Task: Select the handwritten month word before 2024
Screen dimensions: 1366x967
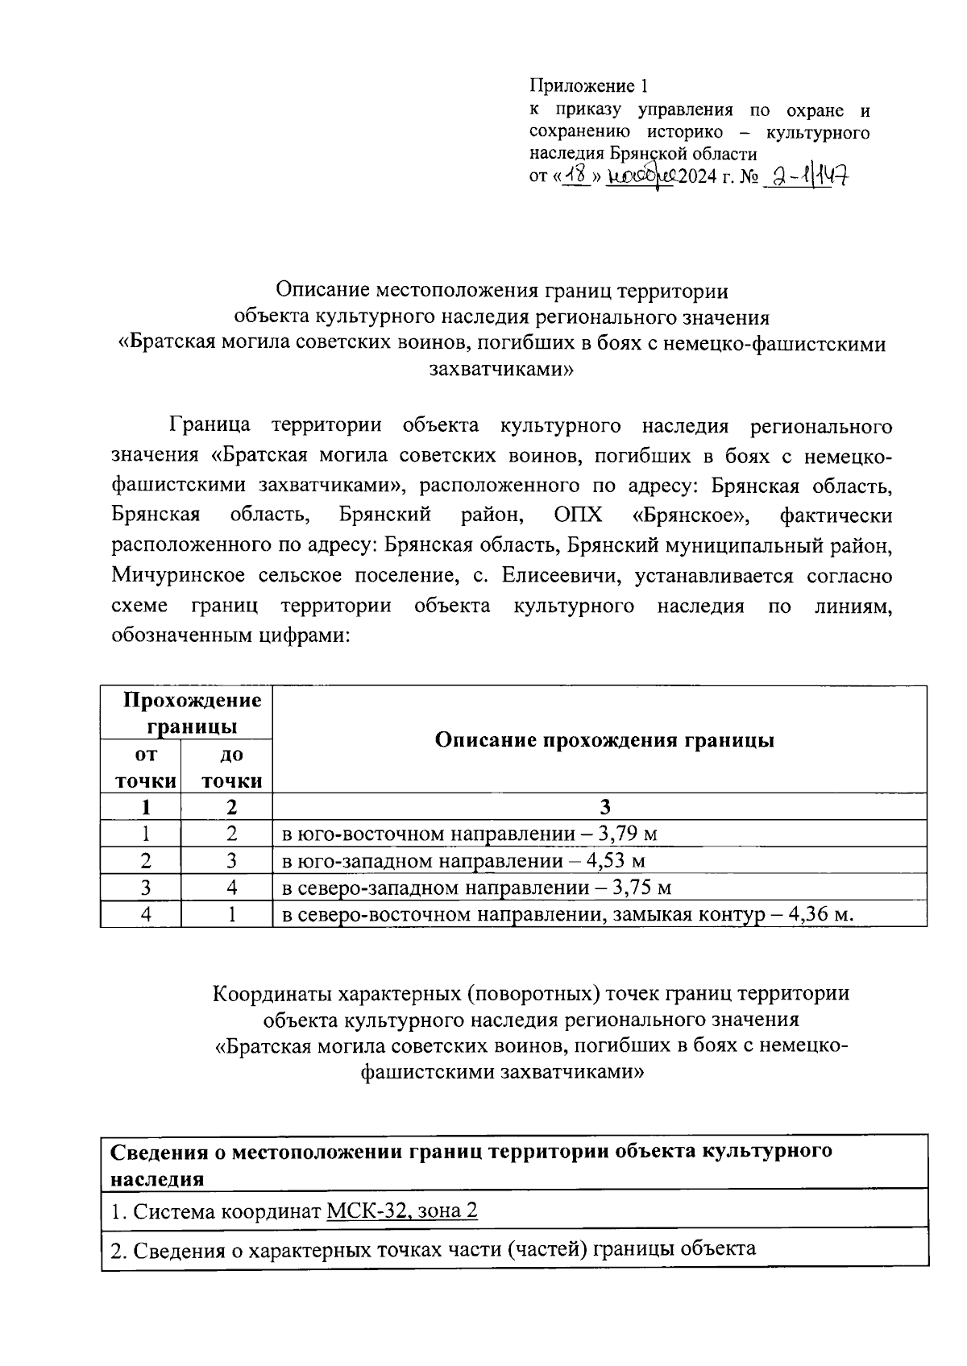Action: (641, 176)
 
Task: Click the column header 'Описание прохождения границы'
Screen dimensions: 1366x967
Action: (604, 739)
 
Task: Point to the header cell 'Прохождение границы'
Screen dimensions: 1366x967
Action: (192, 713)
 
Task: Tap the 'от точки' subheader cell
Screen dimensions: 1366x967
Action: (145, 767)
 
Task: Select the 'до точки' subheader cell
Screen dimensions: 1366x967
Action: (231, 767)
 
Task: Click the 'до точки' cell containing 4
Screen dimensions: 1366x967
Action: (231, 888)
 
